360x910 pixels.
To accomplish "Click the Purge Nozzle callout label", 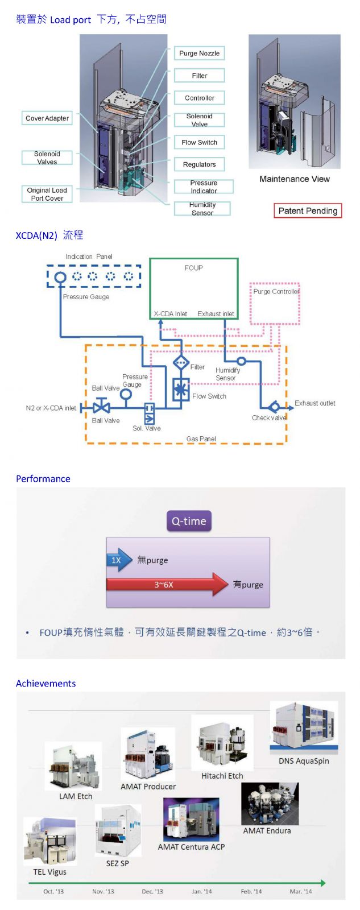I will pyautogui.click(x=199, y=53).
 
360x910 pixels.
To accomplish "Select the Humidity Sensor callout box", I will pyautogui.click(x=202, y=209).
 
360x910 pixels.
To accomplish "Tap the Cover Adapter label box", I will pyautogui.click(x=47, y=118).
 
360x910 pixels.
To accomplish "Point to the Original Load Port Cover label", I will pyautogui.click(x=47, y=194).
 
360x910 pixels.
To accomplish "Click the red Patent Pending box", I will pyautogui.click(x=308, y=211).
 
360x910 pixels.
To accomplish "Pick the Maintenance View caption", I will pyautogui.click(x=294, y=179).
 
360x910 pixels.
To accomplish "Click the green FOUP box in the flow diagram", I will pyautogui.click(x=193, y=287).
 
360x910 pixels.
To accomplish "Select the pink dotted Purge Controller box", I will pyautogui.click(x=275, y=303).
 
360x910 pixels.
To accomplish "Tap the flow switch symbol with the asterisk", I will pyautogui.click(x=181, y=390).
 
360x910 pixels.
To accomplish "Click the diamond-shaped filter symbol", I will pyautogui.click(x=181, y=362).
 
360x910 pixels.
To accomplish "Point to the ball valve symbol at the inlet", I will pyautogui.click(x=102, y=407).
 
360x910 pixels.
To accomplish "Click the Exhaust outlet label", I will pyautogui.click(x=315, y=403).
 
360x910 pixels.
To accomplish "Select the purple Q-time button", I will pyautogui.click(x=189, y=521).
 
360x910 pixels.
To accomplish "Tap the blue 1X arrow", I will pyautogui.click(x=118, y=560).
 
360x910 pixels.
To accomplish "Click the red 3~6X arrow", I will pyautogui.click(x=167, y=584).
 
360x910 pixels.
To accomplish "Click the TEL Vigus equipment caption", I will pyautogui.click(x=49, y=872).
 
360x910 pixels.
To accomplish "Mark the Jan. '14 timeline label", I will pyautogui.click(x=201, y=891).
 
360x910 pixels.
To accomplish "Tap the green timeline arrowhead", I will pyautogui.click(x=322, y=883).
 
